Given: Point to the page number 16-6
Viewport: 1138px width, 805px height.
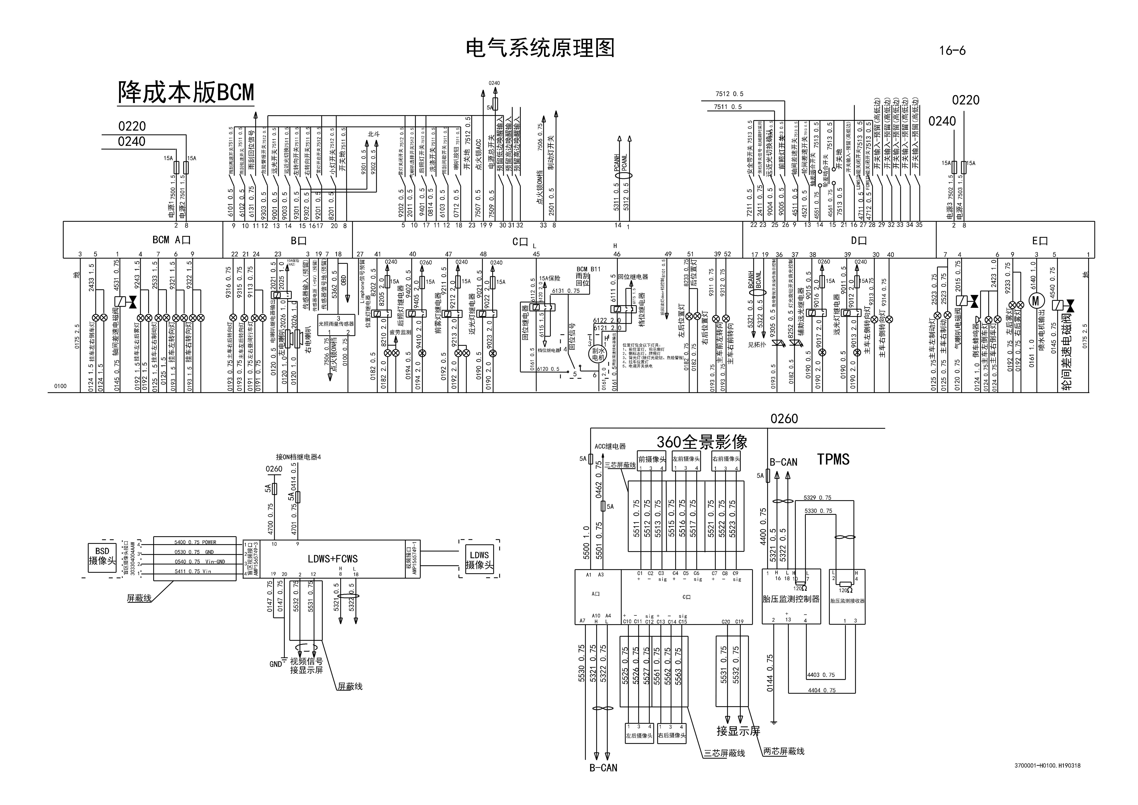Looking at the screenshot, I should pyautogui.click(x=952, y=51).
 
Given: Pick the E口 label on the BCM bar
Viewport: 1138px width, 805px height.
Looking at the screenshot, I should pyautogui.click(x=1039, y=241).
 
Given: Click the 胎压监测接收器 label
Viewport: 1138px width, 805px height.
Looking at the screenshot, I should pyautogui.click(x=847, y=601).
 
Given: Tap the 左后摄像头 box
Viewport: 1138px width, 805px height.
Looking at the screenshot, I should pyautogui.click(x=639, y=736).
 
